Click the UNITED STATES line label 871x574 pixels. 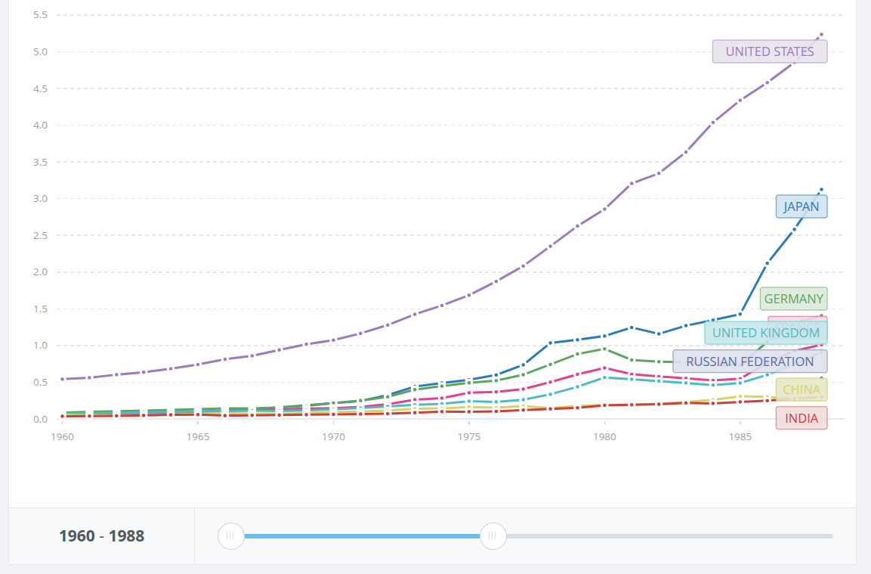770,51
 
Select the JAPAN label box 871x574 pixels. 801,206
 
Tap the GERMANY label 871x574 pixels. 793,299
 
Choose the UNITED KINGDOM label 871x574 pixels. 765,333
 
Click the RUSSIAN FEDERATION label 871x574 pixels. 749,361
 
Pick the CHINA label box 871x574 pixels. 801,389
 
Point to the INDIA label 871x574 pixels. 801,418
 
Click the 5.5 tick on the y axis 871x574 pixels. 40,15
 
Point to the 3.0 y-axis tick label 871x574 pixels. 40,199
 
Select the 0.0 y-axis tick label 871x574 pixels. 40,419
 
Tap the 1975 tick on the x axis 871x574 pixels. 469,437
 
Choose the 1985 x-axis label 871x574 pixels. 740,437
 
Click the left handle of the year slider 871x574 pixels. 231,536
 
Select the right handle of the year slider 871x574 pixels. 493,536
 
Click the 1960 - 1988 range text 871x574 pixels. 101,536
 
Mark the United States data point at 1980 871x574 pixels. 604,209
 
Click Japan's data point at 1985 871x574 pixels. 740,314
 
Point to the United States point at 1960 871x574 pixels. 63,379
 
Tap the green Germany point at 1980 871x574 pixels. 604,349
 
